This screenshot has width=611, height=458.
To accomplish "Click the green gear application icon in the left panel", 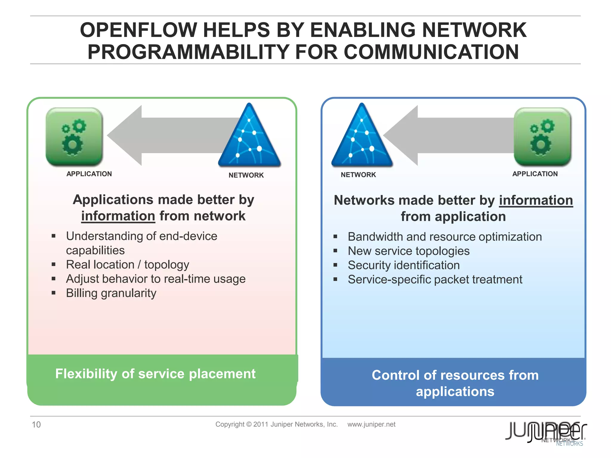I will (74, 137).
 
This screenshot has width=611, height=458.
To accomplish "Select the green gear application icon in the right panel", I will (542, 137).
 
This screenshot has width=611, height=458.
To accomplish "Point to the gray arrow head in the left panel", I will (125, 135).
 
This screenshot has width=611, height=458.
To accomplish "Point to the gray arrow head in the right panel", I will (401, 135).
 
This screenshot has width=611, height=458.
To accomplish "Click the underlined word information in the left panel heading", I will (118, 216).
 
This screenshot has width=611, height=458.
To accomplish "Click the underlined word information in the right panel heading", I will (536, 200).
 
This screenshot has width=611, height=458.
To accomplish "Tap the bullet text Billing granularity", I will (111, 293).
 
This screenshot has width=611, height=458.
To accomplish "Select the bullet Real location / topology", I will (127, 264).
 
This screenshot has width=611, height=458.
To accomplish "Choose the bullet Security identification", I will (403, 265).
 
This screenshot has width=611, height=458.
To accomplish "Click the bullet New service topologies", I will (408, 251).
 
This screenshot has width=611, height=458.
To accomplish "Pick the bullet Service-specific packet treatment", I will (435, 279).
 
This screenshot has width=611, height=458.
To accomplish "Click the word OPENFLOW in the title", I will (139, 30).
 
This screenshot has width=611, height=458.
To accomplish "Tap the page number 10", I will (36, 424).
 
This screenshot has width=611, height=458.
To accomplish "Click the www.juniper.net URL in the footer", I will (371, 424).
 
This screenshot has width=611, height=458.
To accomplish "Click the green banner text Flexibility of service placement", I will (155, 374).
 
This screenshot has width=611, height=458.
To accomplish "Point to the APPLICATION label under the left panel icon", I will (89, 174).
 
